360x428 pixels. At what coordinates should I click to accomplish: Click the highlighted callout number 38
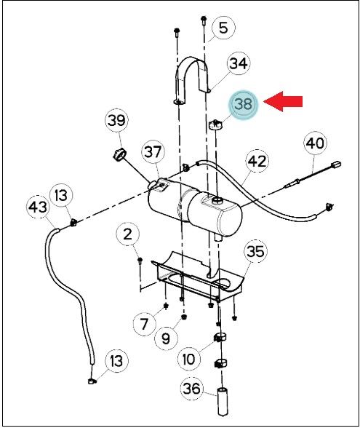(x=243, y=104)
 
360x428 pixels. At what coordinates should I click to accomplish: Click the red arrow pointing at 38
(x=283, y=101)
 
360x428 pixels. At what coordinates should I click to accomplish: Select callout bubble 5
(x=223, y=28)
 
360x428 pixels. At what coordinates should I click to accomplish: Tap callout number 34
(x=239, y=63)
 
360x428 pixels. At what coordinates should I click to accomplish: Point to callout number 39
(x=117, y=120)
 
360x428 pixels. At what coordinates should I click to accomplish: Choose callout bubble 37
(x=153, y=151)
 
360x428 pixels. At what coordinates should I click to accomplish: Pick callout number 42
(x=257, y=161)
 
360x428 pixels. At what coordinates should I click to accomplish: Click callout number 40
(x=315, y=143)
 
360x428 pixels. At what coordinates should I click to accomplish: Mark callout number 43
(x=38, y=207)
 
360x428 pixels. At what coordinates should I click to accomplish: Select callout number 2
(x=127, y=234)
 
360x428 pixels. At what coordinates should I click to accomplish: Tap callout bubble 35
(x=255, y=251)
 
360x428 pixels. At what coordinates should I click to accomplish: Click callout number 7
(x=144, y=324)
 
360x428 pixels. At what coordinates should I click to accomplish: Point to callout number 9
(x=166, y=338)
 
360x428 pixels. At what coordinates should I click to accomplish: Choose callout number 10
(x=189, y=359)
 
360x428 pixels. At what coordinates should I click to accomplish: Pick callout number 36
(x=192, y=389)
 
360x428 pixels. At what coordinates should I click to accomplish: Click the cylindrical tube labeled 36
(x=223, y=402)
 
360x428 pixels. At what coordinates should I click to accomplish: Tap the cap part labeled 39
(x=119, y=156)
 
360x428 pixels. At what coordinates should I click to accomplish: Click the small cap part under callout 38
(x=216, y=124)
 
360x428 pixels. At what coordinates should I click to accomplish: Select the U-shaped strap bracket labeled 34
(x=192, y=79)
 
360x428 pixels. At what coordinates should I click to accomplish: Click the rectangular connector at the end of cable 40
(x=336, y=165)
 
